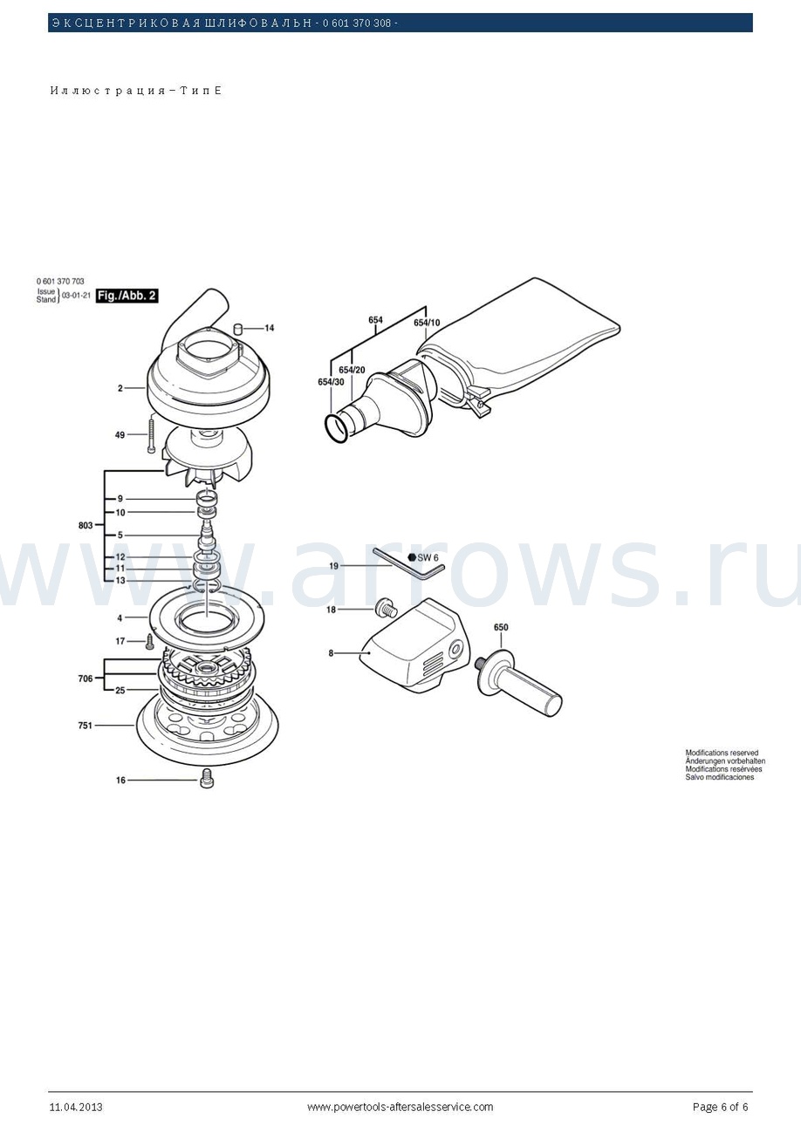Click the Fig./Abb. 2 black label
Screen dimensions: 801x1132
point(127,296)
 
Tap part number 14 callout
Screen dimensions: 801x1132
point(270,328)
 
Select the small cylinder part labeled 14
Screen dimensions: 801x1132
point(237,329)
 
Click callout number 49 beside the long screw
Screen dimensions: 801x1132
point(120,434)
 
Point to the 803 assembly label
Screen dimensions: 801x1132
point(86,526)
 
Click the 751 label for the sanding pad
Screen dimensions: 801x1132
point(85,726)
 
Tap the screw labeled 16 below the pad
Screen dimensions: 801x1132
point(207,778)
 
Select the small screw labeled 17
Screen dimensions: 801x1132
point(150,642)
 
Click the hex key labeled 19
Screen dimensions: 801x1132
point(408,562)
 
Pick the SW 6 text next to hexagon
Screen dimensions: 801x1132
point(428,558)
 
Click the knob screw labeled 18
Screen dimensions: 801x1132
point(386,609)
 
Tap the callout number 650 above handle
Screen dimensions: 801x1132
point(501,627)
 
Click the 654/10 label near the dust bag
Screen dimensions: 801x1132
point(427,323)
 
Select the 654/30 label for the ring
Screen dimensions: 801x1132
point(331,382)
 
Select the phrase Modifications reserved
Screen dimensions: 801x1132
point(722,753)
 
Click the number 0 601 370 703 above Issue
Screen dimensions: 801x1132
point(60,281)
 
